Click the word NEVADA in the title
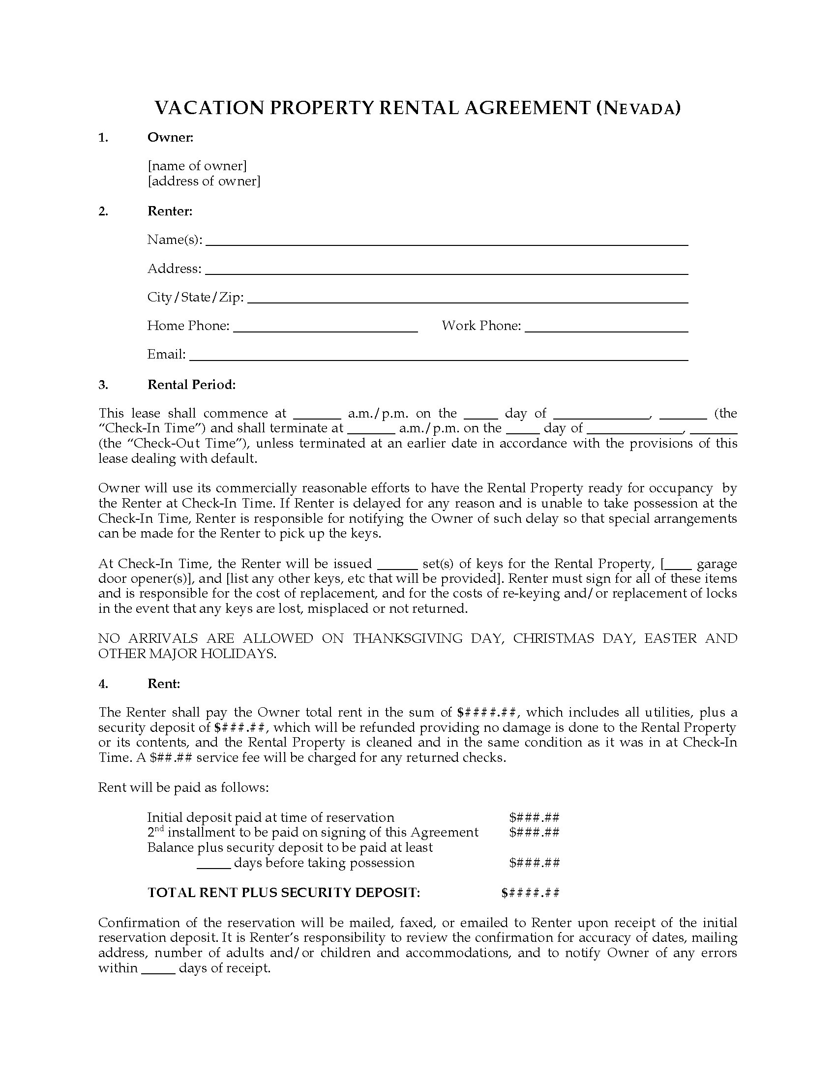[639, 109]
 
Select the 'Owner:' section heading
[170, 137]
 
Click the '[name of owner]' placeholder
[197, 165]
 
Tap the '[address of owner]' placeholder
[204, 181]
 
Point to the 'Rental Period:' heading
[192, 385]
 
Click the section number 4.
[103, 684]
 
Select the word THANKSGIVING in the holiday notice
[408, 638]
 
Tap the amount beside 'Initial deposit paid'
[535, 817]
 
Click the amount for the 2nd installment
[535, 832]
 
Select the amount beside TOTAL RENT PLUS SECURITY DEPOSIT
[531, 892]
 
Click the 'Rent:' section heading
[164, 684]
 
